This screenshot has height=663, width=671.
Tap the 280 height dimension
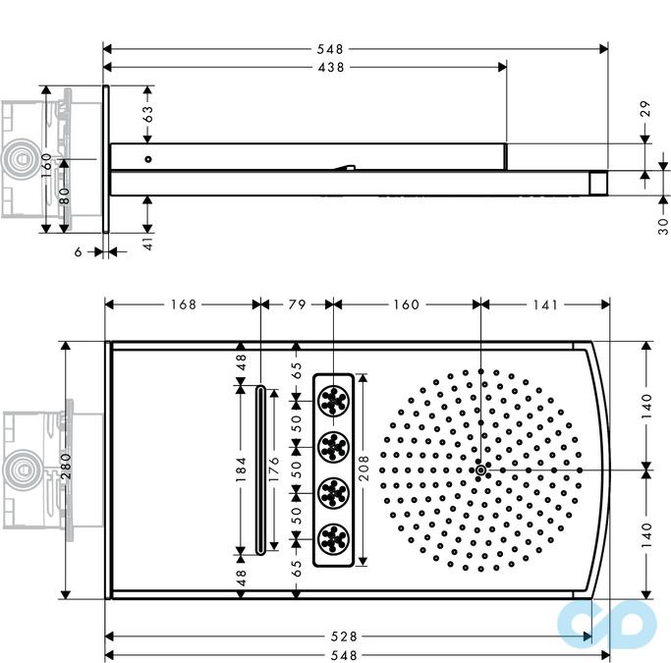pos(65,470)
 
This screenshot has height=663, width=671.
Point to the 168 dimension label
pos(182,304)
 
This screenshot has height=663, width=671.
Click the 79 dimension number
pos(297,304)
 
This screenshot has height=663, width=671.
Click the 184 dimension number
pos(242,470)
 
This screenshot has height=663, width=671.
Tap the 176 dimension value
pos(275,470)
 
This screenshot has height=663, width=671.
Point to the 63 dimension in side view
pos(148,114)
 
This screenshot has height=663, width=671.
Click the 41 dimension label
pos(148,244)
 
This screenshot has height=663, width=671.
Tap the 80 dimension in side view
pos(64,194)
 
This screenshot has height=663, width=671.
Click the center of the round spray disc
pos(480,470)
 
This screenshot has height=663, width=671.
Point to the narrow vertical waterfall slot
pos(259,470)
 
